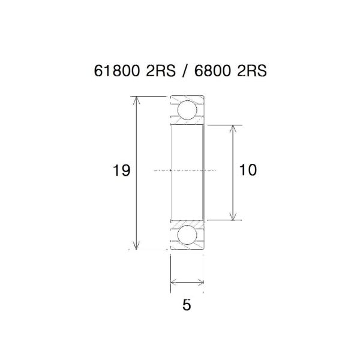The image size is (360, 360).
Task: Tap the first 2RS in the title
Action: pyautogui.click(x=160, y=70)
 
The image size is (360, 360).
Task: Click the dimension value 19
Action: pyautogui.click(x=121, y=171)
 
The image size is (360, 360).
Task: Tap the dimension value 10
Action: pyautogui.click(x=247, y=170)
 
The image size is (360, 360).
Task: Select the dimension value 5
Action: pyautogui.click(x=187, y=305)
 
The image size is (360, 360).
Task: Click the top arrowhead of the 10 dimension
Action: pyautogui.click(x=233, y=128)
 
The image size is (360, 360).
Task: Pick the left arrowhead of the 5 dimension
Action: pyautogui.click(x=174, y=281)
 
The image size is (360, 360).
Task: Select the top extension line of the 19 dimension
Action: pyautogui.click(x=150, y=96)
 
